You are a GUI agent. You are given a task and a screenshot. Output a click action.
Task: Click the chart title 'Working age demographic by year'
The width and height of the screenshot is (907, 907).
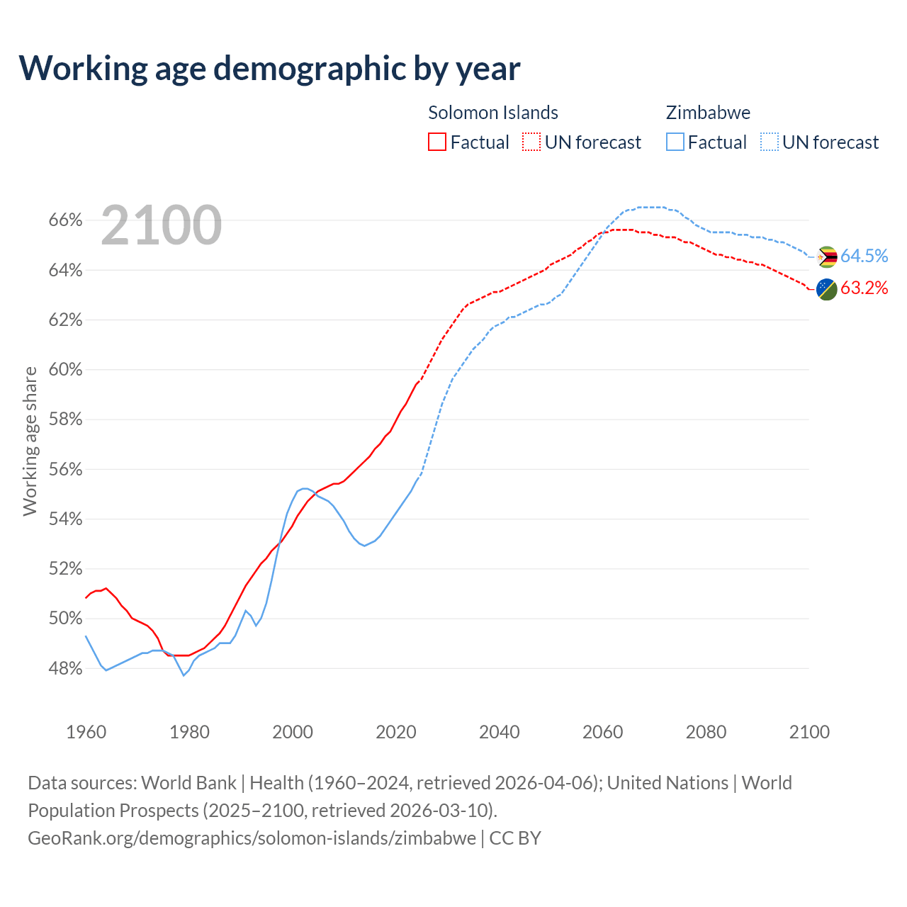click(x=269, y=69)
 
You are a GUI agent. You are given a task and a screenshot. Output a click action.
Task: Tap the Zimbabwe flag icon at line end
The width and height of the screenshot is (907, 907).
click(x=827, y=257)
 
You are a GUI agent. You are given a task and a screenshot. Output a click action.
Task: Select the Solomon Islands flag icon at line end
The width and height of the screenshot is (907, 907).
click(x=827, y=289)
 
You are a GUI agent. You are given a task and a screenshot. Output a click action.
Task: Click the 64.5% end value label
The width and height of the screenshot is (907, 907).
click(x=864, y=256)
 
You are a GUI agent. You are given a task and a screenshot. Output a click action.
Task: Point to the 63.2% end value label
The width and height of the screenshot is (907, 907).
click(x=864, y=288)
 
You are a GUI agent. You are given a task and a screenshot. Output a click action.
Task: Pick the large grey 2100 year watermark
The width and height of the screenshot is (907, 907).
click(x=162, y=225)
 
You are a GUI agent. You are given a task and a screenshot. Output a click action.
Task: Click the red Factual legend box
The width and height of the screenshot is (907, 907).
click(x=437, y=142)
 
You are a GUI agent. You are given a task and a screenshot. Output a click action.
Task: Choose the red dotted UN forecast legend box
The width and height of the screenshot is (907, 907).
click(x=531, y=142)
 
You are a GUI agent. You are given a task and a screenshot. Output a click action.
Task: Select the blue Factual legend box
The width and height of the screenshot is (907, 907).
click(x=675, y=142)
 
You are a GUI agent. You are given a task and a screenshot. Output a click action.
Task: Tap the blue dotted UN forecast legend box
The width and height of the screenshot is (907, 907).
click(x=770, y=142)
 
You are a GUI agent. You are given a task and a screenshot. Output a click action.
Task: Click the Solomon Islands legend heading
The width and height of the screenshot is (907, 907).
click(x=493, y=113)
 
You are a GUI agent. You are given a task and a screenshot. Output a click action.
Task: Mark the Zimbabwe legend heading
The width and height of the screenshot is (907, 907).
click(x=708, y=113)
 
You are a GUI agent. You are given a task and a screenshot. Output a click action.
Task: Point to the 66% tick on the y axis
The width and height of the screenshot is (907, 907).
click(x=66, y=220)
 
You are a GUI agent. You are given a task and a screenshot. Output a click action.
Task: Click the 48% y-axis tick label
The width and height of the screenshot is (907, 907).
click(x=66, y=668)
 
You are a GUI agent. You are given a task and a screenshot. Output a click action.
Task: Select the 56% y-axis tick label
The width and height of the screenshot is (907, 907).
click(x=66, y=469)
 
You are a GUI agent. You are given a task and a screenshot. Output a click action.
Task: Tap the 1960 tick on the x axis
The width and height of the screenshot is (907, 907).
click(x=86, y=732)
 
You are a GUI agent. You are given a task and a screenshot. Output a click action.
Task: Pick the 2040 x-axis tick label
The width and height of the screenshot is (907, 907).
click(x=500, y=732)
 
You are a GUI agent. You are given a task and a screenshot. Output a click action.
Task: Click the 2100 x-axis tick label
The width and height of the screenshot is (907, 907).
click(x=809, y=732)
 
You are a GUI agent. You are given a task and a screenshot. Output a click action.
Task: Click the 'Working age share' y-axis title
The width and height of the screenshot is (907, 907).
click(x=30, y=441)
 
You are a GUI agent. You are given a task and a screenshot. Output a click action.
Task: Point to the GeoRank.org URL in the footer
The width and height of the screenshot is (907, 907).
click(x=252, y=838)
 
